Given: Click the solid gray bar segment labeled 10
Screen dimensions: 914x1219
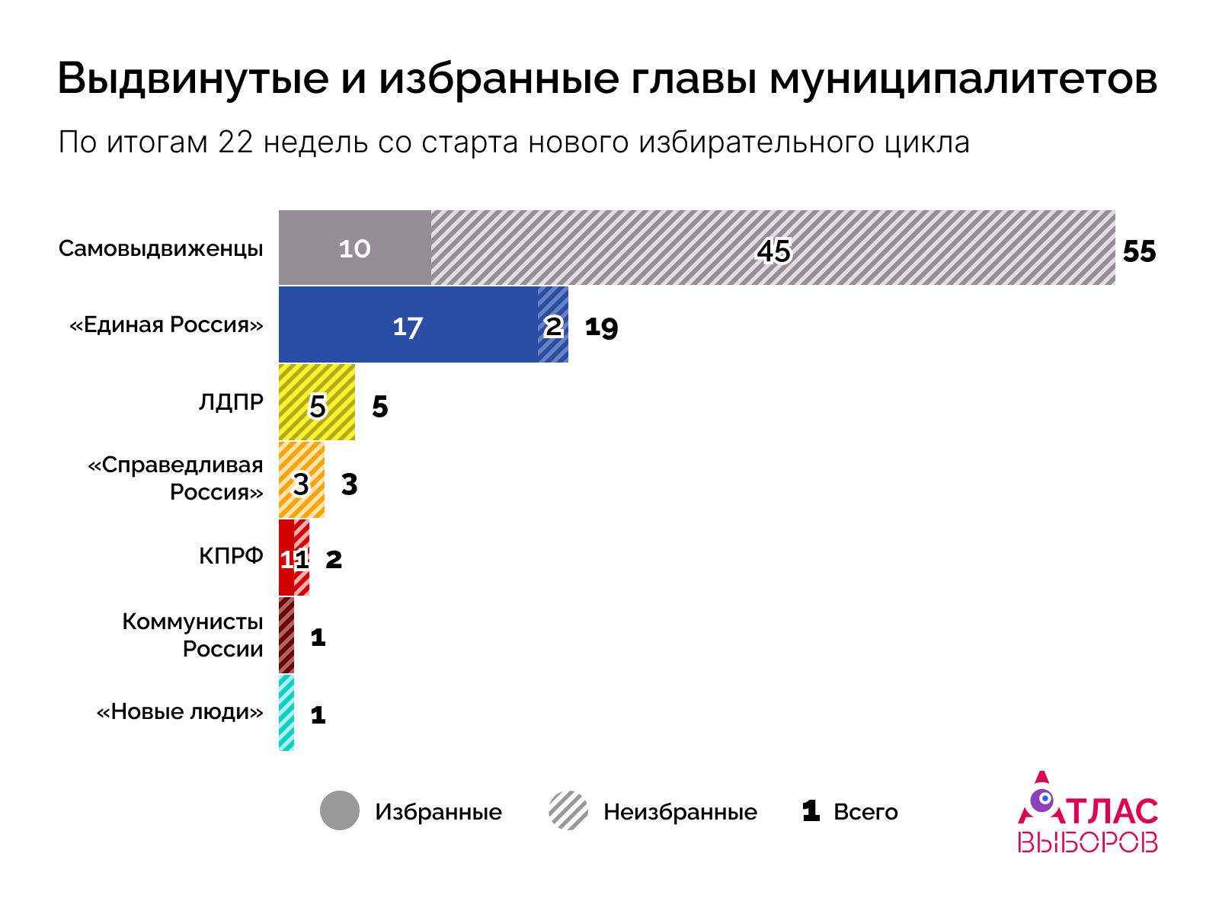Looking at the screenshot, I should click(354, 248).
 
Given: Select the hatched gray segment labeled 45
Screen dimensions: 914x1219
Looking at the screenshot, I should click(773, 248).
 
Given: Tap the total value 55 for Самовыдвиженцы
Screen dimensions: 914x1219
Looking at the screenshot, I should click(1139, 252).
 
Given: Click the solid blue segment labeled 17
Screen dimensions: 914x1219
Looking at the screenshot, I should click(408, 326).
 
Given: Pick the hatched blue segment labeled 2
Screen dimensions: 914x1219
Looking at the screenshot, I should click(553, 326).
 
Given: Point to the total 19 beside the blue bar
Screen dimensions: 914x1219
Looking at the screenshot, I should click(601, 328).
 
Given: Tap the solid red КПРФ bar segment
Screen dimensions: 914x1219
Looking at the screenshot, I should click(286, 558).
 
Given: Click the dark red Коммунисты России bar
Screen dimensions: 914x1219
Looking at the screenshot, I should click(286, 636).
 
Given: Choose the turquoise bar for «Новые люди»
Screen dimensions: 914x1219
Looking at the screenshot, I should click(286, 714).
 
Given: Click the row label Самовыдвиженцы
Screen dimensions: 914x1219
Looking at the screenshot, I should click(161, 249).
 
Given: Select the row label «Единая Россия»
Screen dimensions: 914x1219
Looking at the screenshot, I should click(166, 325).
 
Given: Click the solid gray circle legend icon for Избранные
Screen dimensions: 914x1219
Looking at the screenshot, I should click(340, 810).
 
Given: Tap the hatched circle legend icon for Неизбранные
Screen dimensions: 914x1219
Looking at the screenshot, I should click(568, 810).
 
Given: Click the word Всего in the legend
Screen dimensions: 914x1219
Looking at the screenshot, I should click(865, 812).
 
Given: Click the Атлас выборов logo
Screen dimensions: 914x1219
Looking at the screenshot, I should click(1088, 814).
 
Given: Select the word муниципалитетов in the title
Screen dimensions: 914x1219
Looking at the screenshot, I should click(963, 79).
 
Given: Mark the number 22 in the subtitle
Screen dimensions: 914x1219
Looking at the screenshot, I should click(235, 142).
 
